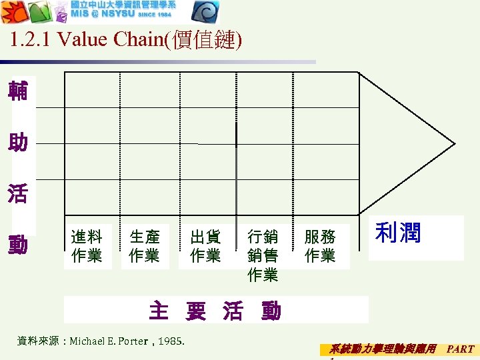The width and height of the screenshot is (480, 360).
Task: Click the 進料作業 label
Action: tap(87, 246)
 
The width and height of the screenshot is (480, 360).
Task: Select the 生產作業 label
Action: tap(144, 246)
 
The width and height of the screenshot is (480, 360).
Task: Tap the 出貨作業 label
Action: tap(205, 246)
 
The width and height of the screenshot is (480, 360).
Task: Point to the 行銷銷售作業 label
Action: tap(263, 255)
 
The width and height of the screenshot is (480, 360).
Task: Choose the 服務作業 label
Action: tap(320, 246)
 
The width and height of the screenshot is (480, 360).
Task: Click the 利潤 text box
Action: tap(399, 233)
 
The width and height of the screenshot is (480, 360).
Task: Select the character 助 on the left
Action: tap(18, 142)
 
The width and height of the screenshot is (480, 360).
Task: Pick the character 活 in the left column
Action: tap(18, 194)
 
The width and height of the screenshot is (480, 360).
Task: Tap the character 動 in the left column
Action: tap(18, 246)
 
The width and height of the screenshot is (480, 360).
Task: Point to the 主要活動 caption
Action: tap(215, 311)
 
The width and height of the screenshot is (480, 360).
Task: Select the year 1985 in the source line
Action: tap(172, 342)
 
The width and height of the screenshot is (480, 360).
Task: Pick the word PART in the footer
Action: tap(460, 349)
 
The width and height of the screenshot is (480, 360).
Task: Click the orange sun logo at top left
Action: tap(13, 12)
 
